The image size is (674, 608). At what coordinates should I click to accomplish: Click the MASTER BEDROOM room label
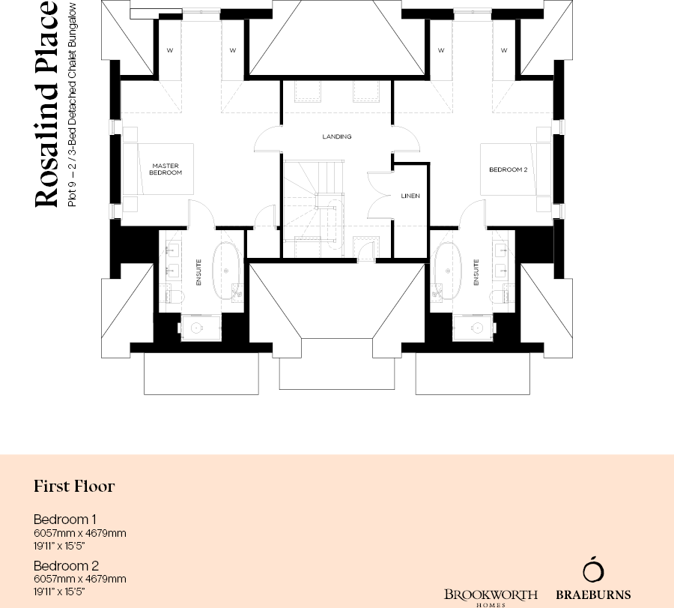click(166, 169)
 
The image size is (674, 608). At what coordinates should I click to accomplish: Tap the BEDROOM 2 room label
click(508, 169)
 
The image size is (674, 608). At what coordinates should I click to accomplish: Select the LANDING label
click(336, 137)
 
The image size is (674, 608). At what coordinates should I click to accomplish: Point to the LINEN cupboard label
click(410, 196)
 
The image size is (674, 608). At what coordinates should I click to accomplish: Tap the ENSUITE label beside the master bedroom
click(198, 272)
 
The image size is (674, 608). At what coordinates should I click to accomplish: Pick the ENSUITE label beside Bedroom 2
click(476, 272)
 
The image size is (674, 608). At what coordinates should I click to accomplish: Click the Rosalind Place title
click(46, 105)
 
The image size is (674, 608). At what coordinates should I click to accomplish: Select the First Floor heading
click(74, 487)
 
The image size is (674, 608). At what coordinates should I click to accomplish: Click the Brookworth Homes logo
click(491, 596)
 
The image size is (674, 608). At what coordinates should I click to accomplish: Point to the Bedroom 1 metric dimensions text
click(79, 533)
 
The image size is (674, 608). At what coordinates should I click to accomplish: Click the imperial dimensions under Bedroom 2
click(59, 592)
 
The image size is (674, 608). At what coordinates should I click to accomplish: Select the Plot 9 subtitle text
click(73, 105)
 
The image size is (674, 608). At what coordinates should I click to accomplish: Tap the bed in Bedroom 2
click(517, 169)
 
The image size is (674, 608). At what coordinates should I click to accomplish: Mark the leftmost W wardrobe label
click(170, 51)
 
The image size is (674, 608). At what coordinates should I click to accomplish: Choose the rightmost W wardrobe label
click(504, 51)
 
